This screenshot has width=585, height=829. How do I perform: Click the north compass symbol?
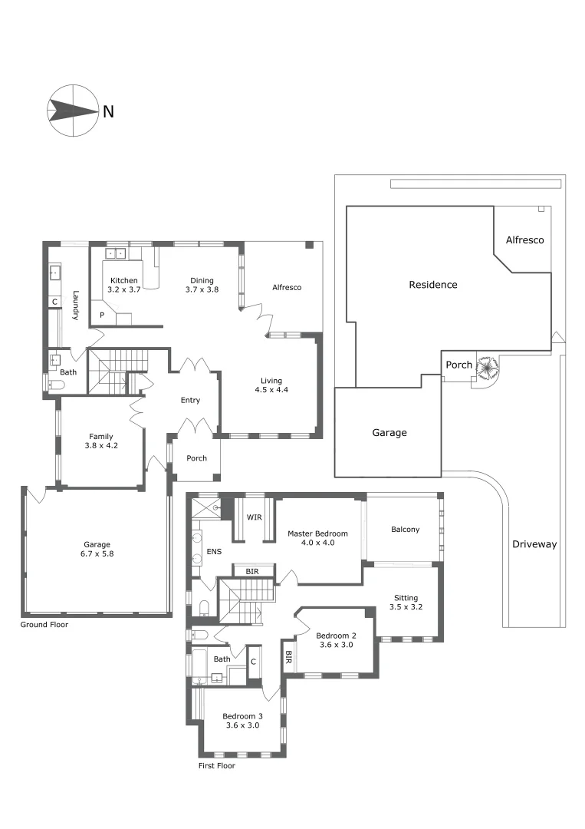(x=73, y=111)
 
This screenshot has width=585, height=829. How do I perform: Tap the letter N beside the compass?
(x=108, y=112)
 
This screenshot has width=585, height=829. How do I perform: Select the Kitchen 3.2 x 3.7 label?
(x=123, y=285)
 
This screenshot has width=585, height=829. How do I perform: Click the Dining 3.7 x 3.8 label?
(x=202, y=285)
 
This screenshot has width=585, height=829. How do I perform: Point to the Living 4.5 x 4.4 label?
(x=271, y=385)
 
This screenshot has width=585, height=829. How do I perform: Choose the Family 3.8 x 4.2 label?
(x=101, y=441)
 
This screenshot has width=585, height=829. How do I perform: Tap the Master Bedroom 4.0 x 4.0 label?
(x=317, y=537)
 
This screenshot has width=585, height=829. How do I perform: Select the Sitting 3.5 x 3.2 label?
(x=406, y=602)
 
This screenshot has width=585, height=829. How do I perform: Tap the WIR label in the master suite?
(x=255, y=517)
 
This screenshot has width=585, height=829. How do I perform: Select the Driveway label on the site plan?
(x=534, y=544)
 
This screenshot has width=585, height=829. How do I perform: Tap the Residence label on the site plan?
(x=432, y=285)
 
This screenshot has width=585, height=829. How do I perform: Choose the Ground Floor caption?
(x=44, y=625)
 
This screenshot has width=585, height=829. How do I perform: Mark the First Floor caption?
(x=216, y=765)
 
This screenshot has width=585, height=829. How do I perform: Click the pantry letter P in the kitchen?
(x=101, y=315)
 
